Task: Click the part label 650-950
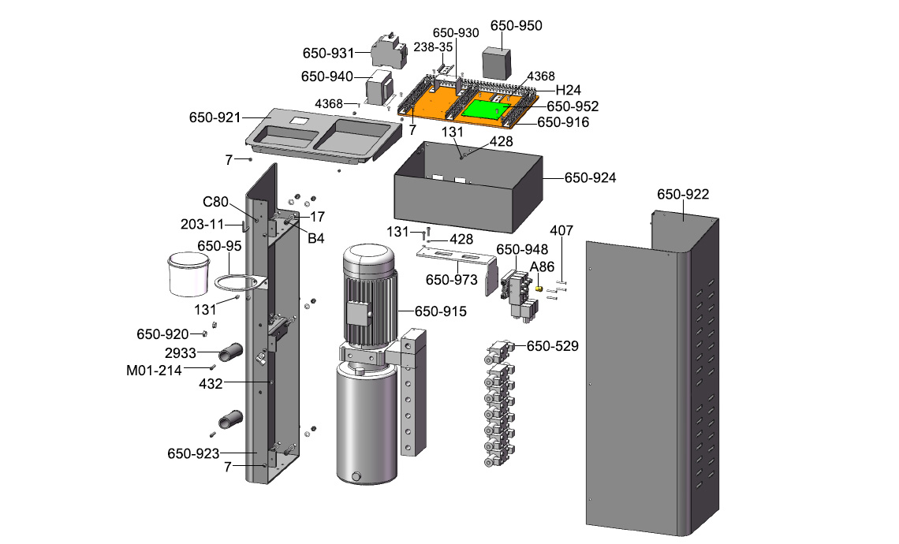tap(516, 25)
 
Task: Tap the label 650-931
tap(329, 54)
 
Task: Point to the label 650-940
tap(329, 76)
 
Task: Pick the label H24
tap(568, 89)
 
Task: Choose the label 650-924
tap(590, 177)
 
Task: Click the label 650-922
tap(683, 194)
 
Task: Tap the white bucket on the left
tap(188, 273)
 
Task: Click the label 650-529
tap(552, 345)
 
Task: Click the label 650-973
tap(452, 280)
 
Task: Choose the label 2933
tap(180, 352)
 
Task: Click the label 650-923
tap(193, 453)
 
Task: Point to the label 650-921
tap(214, 117)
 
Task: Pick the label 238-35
tap(433, 47)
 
